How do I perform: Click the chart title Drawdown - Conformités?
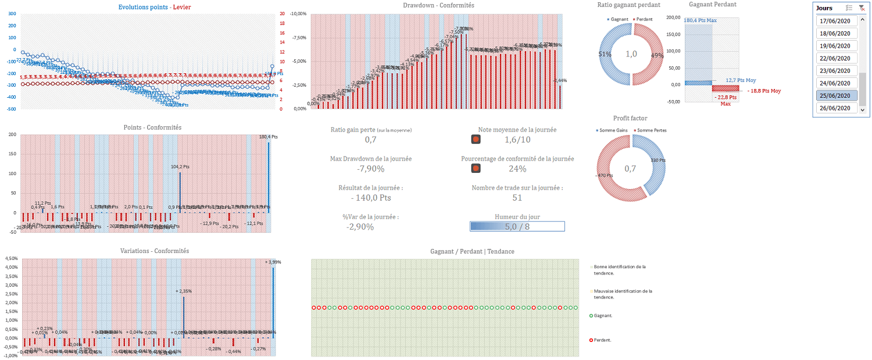click(438, 5)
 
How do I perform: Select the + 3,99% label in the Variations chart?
click(273, 262)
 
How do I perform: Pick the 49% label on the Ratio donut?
click(656, 55)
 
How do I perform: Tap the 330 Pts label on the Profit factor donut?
click(657, 161)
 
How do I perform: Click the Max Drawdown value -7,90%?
click(370, 169)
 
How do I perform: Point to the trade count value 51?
click(517, 198)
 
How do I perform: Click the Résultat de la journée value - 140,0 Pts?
click(370, 198)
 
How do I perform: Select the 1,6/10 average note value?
click(517, 140)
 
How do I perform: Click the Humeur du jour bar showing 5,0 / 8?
click(517, 226)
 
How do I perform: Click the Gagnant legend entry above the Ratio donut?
click(620, 19)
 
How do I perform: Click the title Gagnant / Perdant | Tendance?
click(472, 251)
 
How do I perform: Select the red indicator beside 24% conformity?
click(476, 169)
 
